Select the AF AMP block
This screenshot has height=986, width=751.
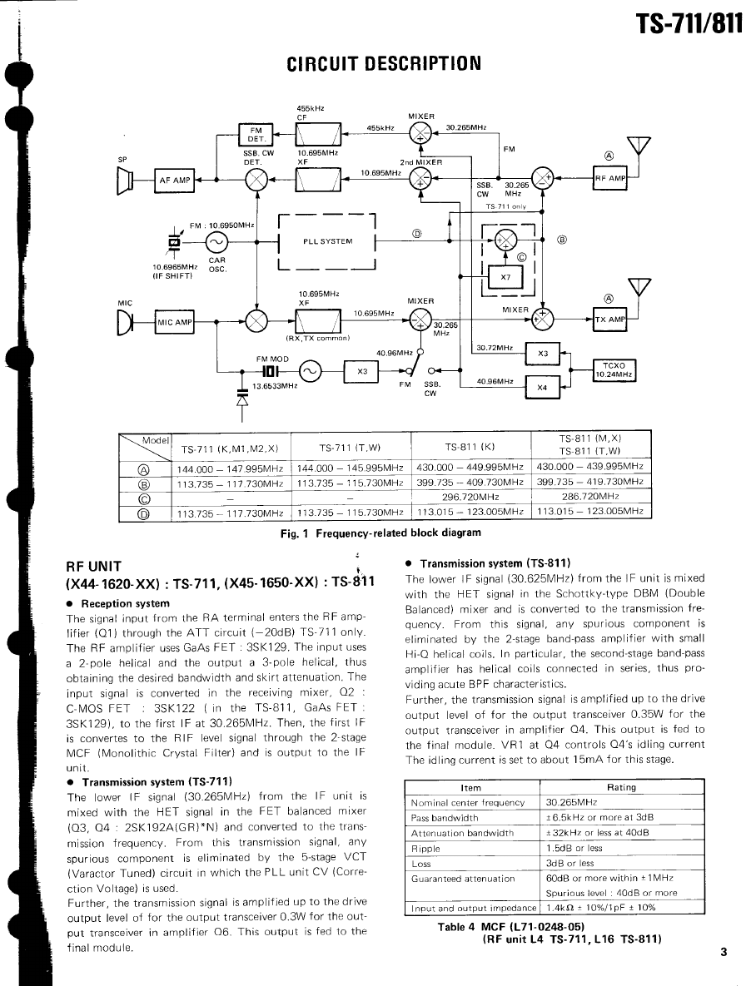[x=174, y=180]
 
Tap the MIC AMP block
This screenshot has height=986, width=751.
[x=175, y=320]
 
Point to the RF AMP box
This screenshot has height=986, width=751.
[x=610, y=178]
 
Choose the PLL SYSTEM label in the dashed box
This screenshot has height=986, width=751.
[x=327, y=242]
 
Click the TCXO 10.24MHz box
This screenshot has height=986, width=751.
[x=614, y=370]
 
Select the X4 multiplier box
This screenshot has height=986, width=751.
[x=543, y=386]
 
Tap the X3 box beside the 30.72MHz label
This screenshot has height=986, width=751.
[x=543, y=353]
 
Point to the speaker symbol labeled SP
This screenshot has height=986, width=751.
[x=127, y=180]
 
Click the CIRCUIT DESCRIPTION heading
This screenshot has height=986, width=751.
[x=384, y=63]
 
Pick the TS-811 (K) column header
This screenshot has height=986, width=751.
[x=470, y=447]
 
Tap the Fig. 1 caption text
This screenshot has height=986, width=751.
[x=380, y=533]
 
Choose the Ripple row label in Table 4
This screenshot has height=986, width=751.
[x=425, y=848]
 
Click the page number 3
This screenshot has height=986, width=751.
[x=724, y=954]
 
